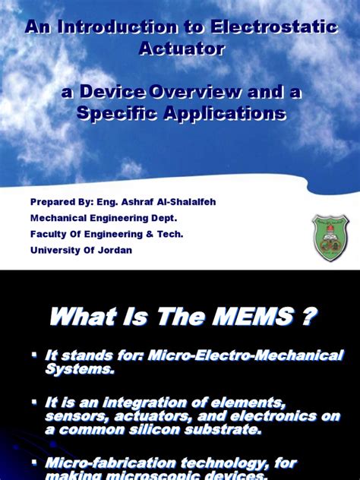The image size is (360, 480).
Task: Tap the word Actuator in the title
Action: (x=182, y=49)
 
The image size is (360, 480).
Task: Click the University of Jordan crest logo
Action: (x=330, y=232)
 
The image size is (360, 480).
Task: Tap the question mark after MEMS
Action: (x=308, y=317)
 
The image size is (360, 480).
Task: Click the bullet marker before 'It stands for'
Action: (x=35, y=354)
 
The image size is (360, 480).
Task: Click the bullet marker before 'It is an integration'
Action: (x=35, y=400)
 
